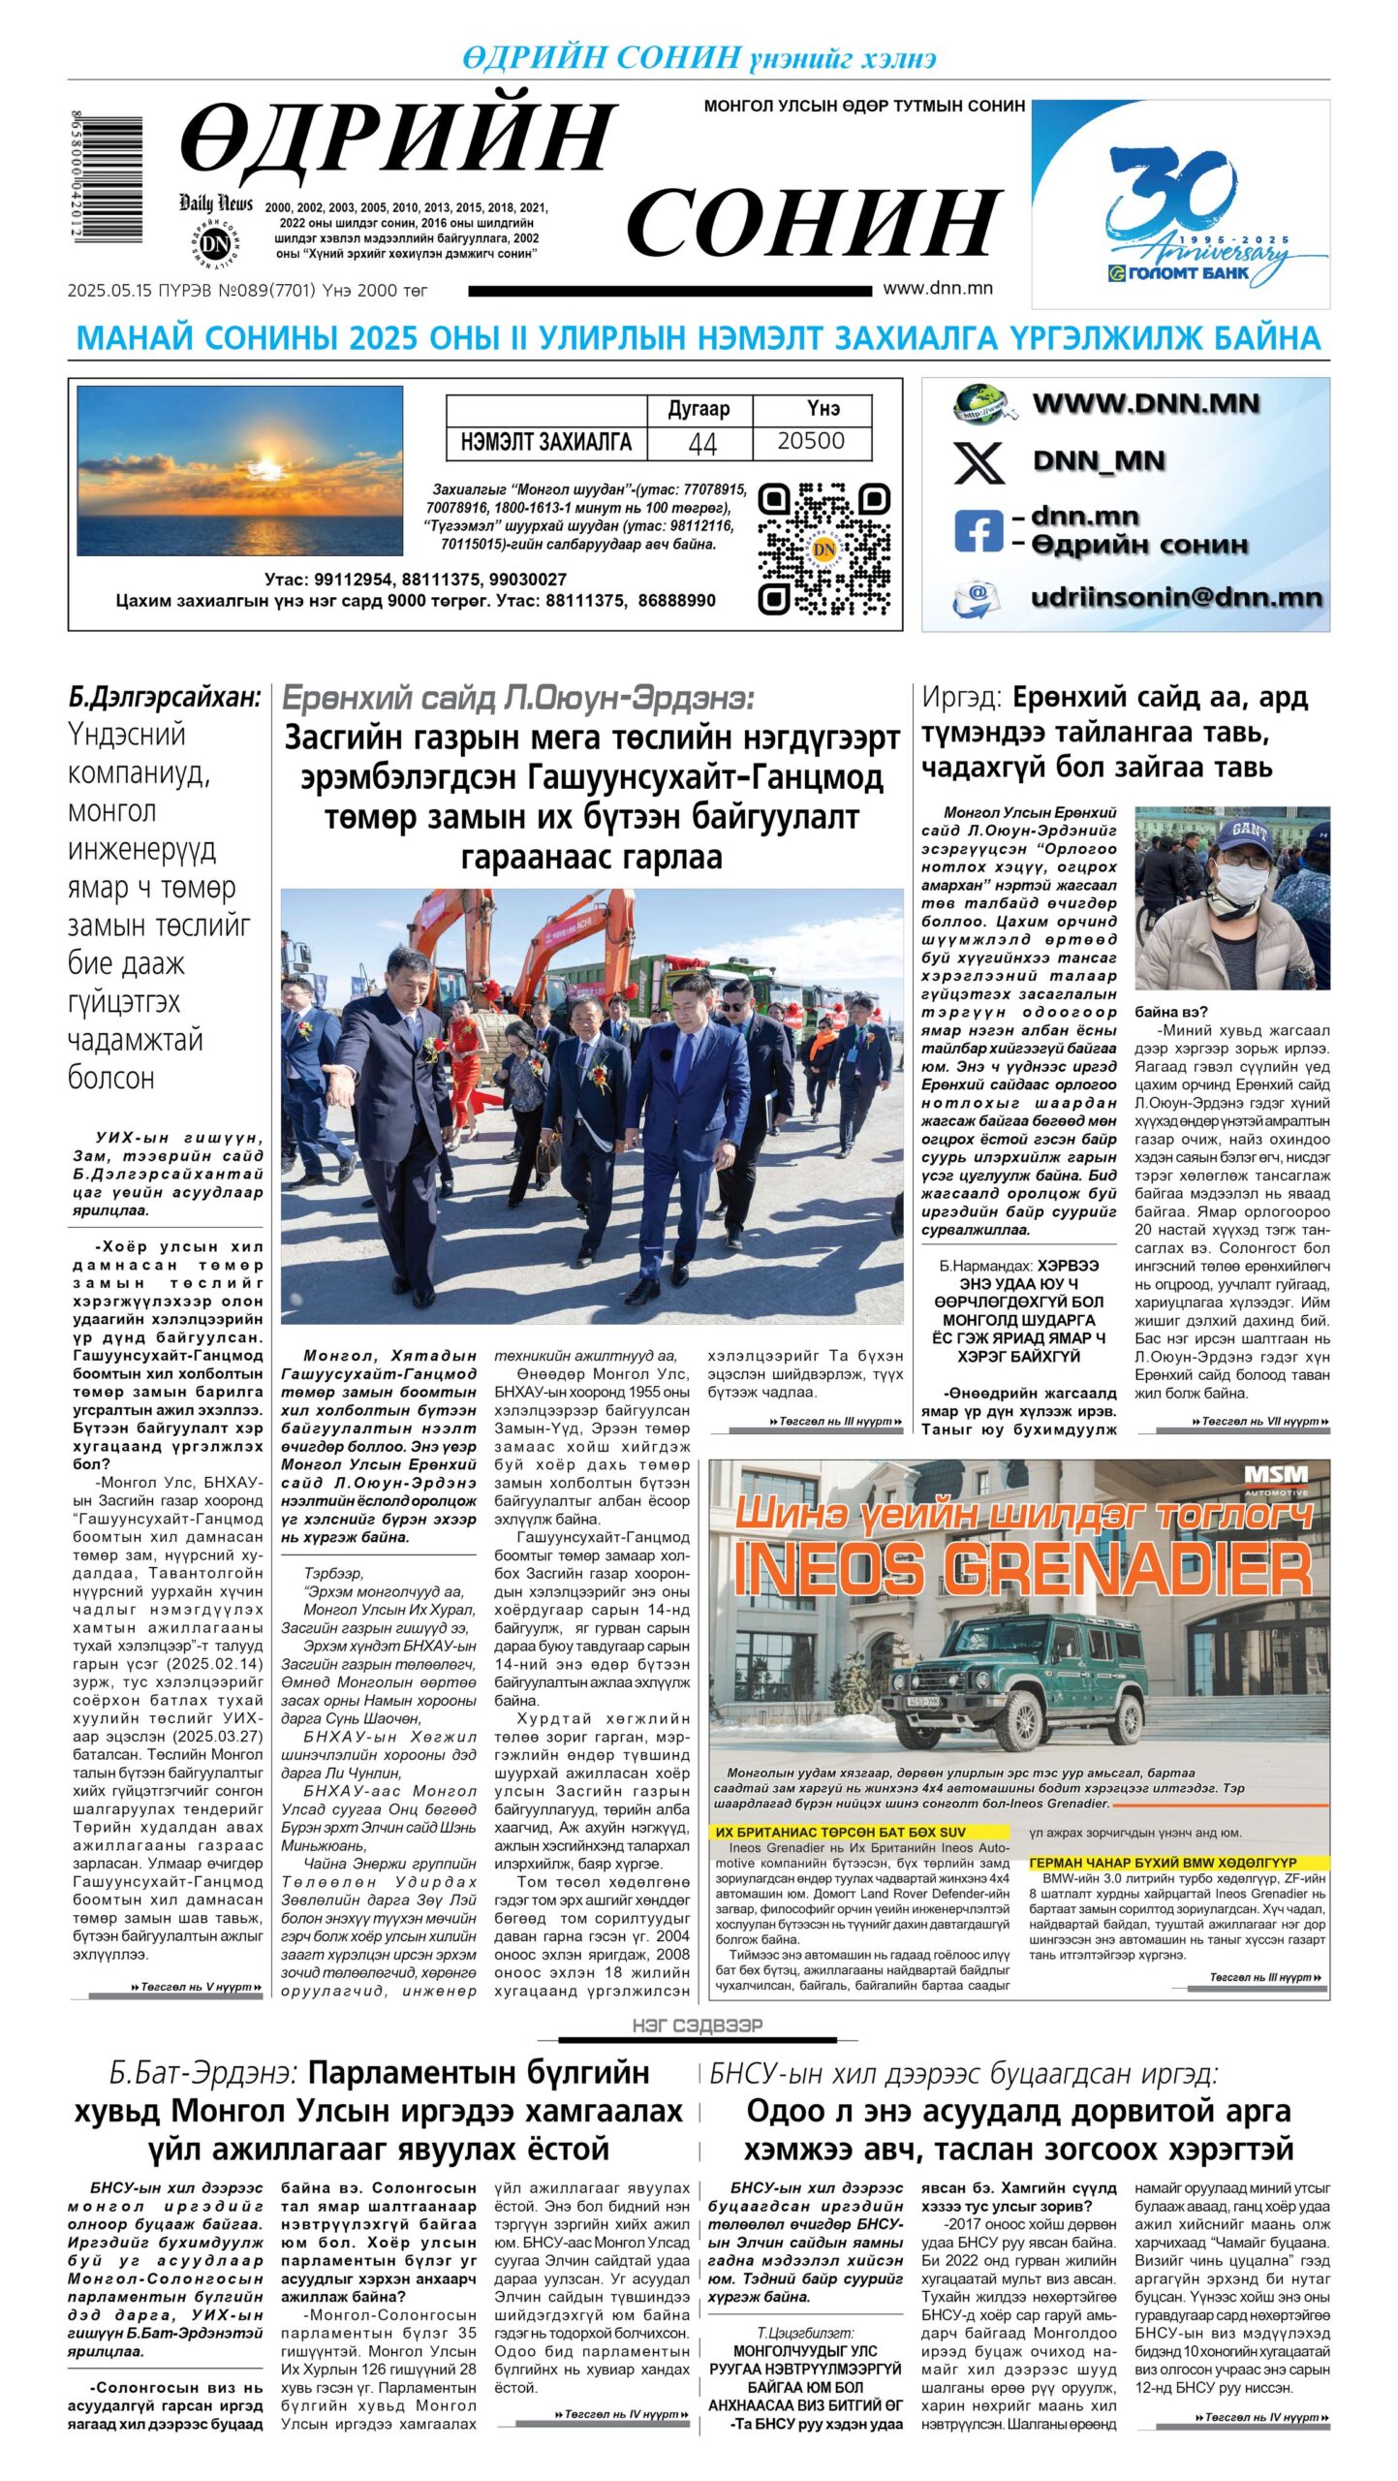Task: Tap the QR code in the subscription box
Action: pyautogui.click(x=823, y=550)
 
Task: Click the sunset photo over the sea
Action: pyautogui.click(x=239, y=470)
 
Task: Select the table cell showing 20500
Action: pyautogui.click(x=811, y=442)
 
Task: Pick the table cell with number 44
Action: pyautogui.click(x=700, y=443)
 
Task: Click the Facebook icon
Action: pyautogui.click(x=977, y=530)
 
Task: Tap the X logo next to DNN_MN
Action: pyautogui.click(x=979, y=461)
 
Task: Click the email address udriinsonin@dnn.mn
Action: pyautogui.click(x=1175, y=597)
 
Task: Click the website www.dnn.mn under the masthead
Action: pyautogui.click(x=937, y=288)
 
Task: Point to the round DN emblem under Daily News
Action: pyautogui.click(x=214, y=244)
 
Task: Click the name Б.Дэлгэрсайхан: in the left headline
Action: pyautogui.click(x=165, y=697)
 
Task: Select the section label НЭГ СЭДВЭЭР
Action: pyautogui.click(x=698, y=2026)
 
